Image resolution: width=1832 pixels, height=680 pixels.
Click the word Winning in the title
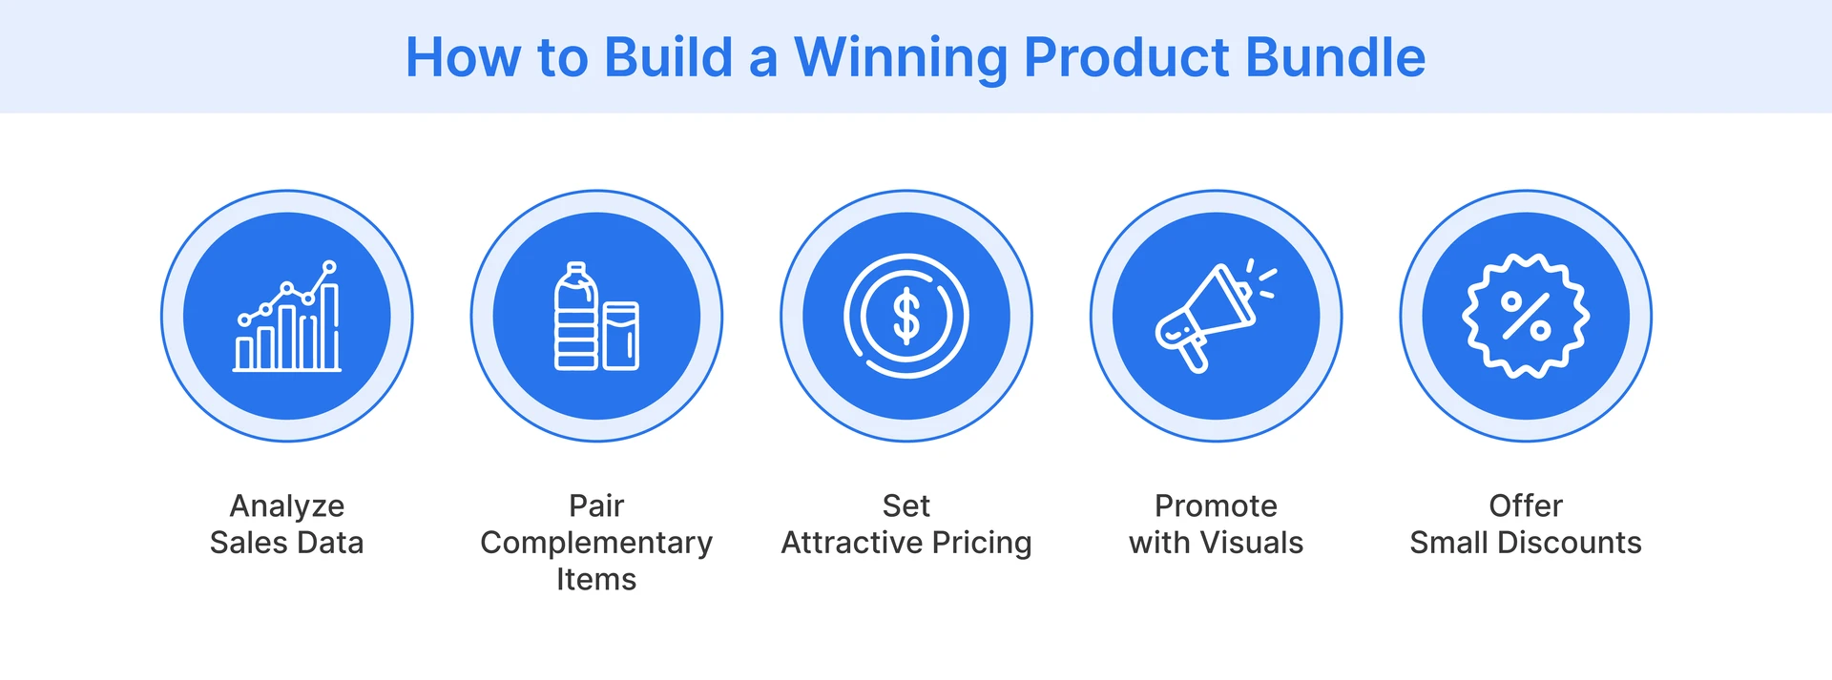tap(901, 57)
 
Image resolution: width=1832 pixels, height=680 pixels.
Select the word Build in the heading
tap(668, 57)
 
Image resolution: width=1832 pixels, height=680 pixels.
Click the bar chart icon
tap(287, 318)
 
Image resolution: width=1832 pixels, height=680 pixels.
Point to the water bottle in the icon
tap(575, 317)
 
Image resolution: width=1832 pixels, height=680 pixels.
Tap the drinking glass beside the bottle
tap(620, 336)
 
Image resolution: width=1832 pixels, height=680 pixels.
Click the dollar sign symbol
tap(906, 317)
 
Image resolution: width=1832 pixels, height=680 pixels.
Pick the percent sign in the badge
tap(1526, 316)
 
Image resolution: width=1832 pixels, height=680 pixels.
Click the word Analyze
tap(287, 505)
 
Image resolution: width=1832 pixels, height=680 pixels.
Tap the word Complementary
tap(596, 543)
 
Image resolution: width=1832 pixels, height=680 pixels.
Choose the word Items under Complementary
tap(596, 580)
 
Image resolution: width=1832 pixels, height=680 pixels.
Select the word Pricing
tap(982, 543)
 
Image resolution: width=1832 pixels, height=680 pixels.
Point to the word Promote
tap(1216, 505)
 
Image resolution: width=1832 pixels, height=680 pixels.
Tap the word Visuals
tap(1251, 543)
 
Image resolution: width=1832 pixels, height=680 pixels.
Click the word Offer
tap(1526, 505)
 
